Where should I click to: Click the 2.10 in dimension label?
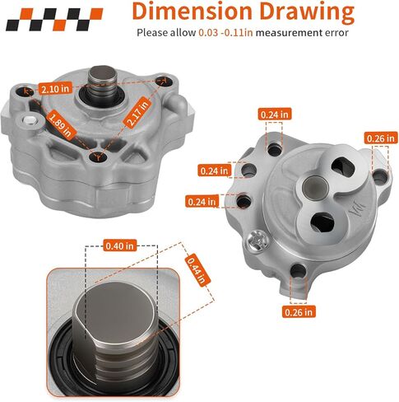pyautogui.click(x=56, y=88)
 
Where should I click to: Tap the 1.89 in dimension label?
pyautogui.click(x=61, y=125)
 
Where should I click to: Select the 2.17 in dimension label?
pyautogui.click(x=137, y=112)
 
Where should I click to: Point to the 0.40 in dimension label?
pyautogui.click(x=120, y=245)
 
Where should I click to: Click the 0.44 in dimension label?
pyautogui.click(x=197, y=270)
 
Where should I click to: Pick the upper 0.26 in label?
pyautogui.click(x=381, y=138)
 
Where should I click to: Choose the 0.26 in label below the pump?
pyautogui.click(x=299, y=311)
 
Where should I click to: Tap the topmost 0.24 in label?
pyautogui.click(x=275, y=114)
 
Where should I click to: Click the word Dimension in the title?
pyautogui.click(x=192, y=12)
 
